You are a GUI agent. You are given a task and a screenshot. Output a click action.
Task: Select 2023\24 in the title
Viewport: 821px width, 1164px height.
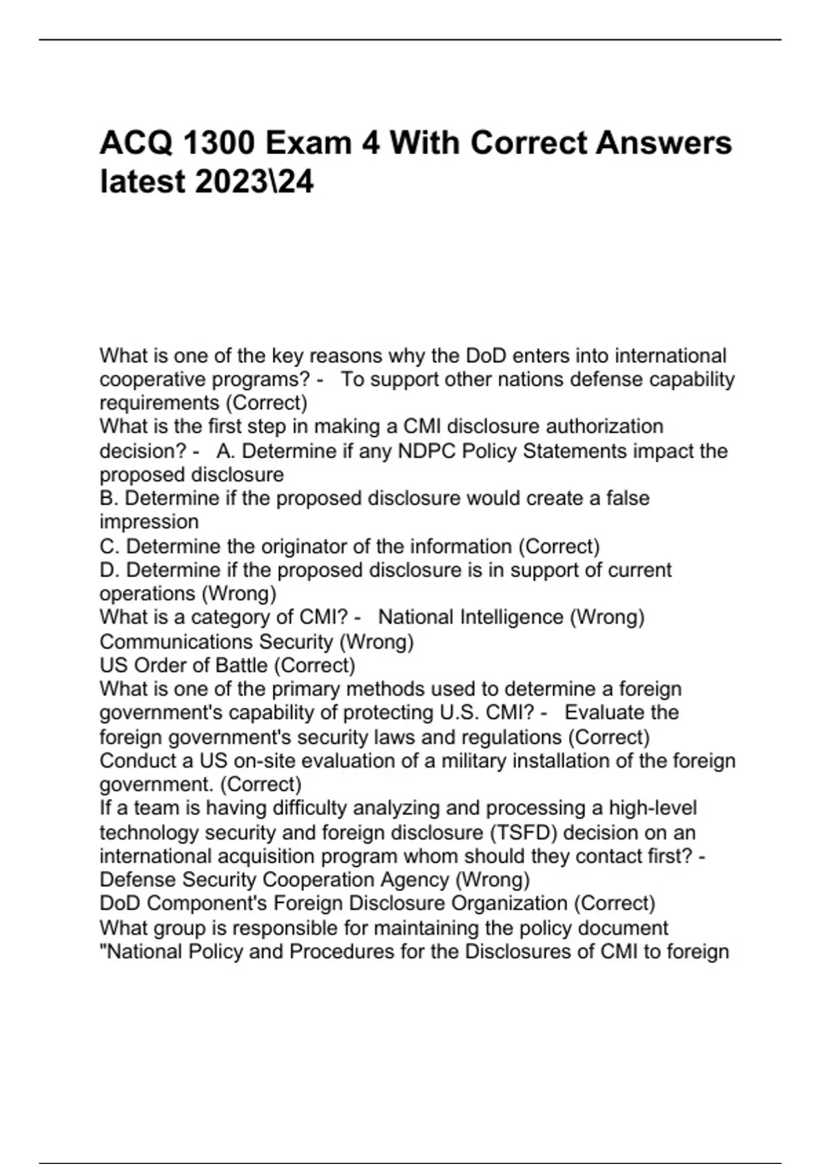pyautogui.click(x=255, y=182)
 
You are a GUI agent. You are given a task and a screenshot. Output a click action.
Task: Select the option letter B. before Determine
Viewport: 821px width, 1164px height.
pyautogui.click(x=109, y=498)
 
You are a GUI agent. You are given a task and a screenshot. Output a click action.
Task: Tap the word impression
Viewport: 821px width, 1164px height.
pyautogui.click(x=149, y=522)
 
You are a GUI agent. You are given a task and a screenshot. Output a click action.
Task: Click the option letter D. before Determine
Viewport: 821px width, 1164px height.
pyautogui.click(x=109, y=570)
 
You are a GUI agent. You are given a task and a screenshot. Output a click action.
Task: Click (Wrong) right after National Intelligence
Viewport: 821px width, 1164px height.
pyautogui.click(x=607, y=618)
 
